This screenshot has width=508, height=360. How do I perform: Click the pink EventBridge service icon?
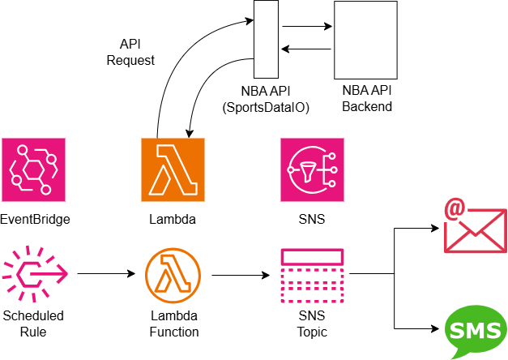32,169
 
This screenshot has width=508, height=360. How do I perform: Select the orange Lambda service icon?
173,169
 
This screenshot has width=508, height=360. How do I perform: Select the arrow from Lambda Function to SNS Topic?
241,274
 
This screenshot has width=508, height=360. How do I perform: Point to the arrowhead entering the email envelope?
435,228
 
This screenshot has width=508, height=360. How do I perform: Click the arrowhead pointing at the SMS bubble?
435,329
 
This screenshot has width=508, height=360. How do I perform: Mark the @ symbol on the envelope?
453,211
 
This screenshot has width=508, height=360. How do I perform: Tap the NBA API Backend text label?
366,99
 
